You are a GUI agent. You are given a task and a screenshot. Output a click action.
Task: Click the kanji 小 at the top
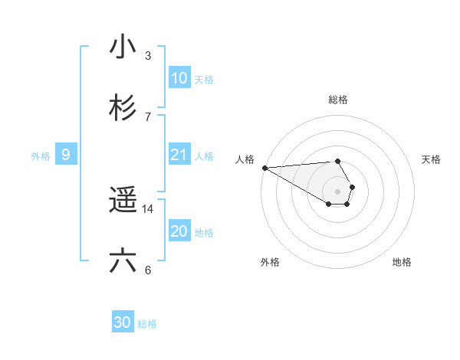point(123,47)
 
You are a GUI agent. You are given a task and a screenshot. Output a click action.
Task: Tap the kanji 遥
point(123,201)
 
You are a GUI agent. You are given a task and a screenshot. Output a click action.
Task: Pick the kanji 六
point(123,261)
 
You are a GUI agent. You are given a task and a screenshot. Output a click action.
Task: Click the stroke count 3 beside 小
point(148,56)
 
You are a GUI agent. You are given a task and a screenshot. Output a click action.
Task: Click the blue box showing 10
point(179,78)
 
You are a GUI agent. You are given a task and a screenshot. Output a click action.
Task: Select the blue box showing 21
point(179,155)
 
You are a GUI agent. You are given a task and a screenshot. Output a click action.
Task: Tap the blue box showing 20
point(179,231)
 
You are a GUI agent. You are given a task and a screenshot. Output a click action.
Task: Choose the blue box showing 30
point(123,322)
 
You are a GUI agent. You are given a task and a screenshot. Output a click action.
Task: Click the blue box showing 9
point(66,155)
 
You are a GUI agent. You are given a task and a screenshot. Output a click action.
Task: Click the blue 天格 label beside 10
point(204,80)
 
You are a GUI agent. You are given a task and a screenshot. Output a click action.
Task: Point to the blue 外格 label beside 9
point(41,156)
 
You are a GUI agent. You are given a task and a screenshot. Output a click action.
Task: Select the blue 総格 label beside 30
point(147,324)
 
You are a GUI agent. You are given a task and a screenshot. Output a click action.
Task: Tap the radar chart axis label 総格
point(338,100)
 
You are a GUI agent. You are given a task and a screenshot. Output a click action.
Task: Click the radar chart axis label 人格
point(245,159)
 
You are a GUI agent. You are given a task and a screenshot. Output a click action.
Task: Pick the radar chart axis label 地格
point(402,263)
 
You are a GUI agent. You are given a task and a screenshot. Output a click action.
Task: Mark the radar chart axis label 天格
point(432,159)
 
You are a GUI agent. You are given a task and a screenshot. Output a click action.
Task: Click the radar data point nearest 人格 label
point(264,168)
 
